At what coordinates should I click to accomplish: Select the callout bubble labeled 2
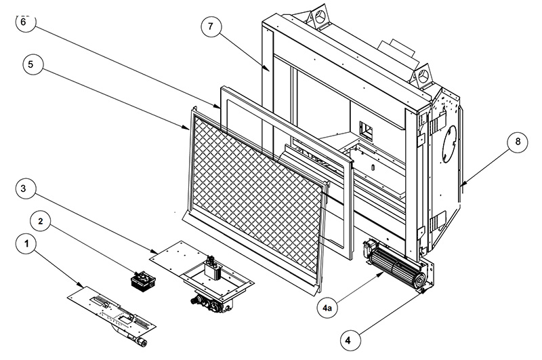click(x=41, y=221)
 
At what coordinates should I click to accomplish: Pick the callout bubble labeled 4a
click(x=327, y=308)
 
